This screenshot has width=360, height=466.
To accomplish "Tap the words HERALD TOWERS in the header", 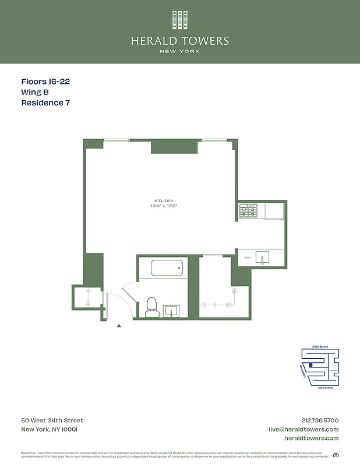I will pyautogui.click(x=180, y=41).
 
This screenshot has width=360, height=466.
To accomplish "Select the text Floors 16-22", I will pyautogui.click(x=45, y=82).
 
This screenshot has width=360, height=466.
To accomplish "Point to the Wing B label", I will pyautogui.click(x=35, y=93).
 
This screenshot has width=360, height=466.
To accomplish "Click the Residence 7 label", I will pyautogui.click(x=45, y=103).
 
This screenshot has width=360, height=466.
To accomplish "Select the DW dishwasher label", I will pyautogui.click(x=247, y=257).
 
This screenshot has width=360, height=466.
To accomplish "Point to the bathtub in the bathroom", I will pyautogui.click(x=167, y=269).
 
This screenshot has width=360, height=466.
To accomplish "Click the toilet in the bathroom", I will pyautogui.click(x=152, y=306).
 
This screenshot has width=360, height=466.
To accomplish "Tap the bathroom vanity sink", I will pyautogui.click(x=171, y=309).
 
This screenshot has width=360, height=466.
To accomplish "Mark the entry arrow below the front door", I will pyautogui.click(x=119, y=326).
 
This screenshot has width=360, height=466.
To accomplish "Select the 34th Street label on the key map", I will pyautogui.click(x=320, y=347).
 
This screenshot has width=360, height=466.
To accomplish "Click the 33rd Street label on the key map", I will pyautogui.click(x=324, y=387).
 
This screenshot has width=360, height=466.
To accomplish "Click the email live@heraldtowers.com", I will pyautogui.click(x=303, y=429).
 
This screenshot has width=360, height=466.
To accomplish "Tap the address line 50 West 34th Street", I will pyautogui.click(x=52, y=421).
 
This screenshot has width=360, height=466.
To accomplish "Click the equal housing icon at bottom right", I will pyautogui.click(x=335, y=455).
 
